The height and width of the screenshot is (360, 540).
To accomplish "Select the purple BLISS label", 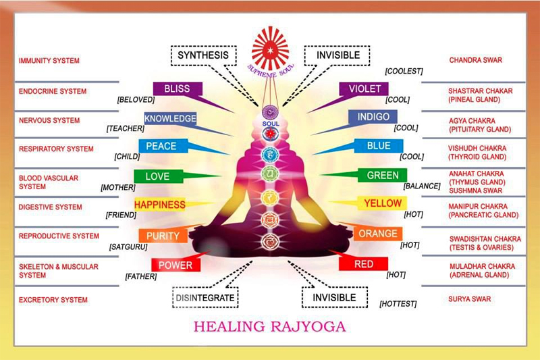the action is pyautogui.click(x=178, y=89).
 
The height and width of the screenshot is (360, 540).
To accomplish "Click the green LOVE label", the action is pyautogui.click(x=158, y=176).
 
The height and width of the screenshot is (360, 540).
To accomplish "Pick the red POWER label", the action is pyautogui.click(x=175, y=265).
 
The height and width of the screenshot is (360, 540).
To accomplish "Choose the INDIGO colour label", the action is pyautogui.click(x=373, y=117).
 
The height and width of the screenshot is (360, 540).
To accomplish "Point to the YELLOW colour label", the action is pyautogui.click(x=382, y=203).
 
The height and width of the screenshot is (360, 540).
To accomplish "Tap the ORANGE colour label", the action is pyautogui.click(x=378, y=234).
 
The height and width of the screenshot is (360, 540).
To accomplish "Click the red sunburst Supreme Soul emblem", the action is pyautogui.click(x=271, y=48).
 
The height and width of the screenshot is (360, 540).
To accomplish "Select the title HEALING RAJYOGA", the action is pyautogui.click(x=269, y=326).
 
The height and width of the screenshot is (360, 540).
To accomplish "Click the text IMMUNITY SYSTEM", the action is pyautogui.click(x=49, y=61).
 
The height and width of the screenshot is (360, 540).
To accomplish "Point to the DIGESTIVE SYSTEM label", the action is pyautogui.click(x=50, y=207).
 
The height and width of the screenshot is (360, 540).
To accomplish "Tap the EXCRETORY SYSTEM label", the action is pyautogui.click(x=53, y=300).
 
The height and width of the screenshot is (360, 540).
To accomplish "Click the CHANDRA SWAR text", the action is pyautogui.click(x=476, y=60).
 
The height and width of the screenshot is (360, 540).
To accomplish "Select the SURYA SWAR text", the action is pyautogui.click(x=469, y=299).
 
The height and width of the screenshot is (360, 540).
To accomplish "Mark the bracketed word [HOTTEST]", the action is pyautogui.click(x=398, y=304).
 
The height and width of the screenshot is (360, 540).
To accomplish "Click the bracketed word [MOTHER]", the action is pyautogui.click(x=118, y=188).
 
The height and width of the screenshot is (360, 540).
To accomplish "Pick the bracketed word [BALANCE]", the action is pyautogui.click(x=422, y=186).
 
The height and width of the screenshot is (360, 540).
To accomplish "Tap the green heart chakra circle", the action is pyautogui.click(x=271, y=174).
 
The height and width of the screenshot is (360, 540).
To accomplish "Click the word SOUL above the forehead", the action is pyautogui.click(x=271, y=124).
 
